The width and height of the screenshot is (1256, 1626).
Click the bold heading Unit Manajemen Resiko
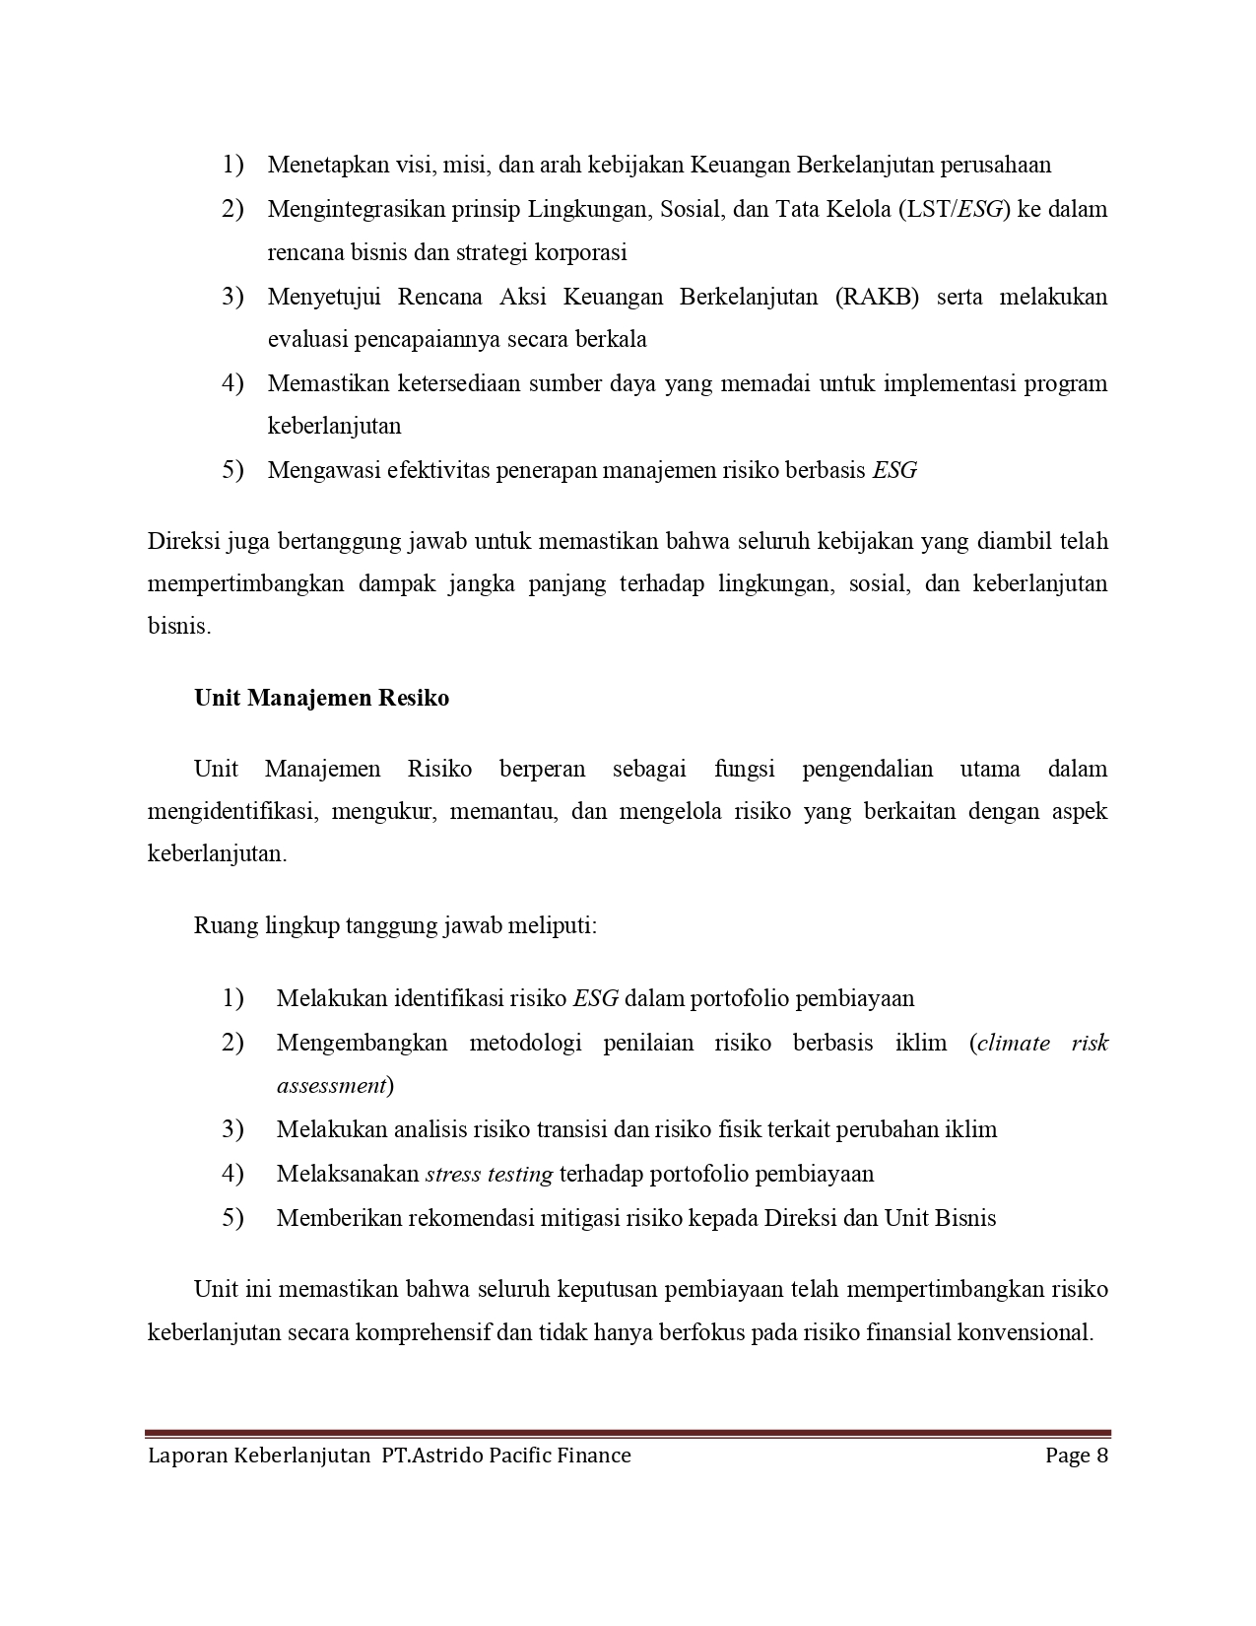(321, 698)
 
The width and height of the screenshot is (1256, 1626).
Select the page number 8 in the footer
(1102, 1456)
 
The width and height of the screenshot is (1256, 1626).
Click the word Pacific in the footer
(522, 1456)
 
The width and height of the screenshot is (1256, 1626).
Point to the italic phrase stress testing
(489, 1174)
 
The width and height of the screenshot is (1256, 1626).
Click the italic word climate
(1012, 1043)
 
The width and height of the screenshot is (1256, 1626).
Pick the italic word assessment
(331, 1086)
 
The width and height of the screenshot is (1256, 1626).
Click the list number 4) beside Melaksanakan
(232, 1174)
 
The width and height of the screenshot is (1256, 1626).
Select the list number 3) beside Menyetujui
(232, 297)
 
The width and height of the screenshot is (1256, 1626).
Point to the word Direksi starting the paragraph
(183, 541)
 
